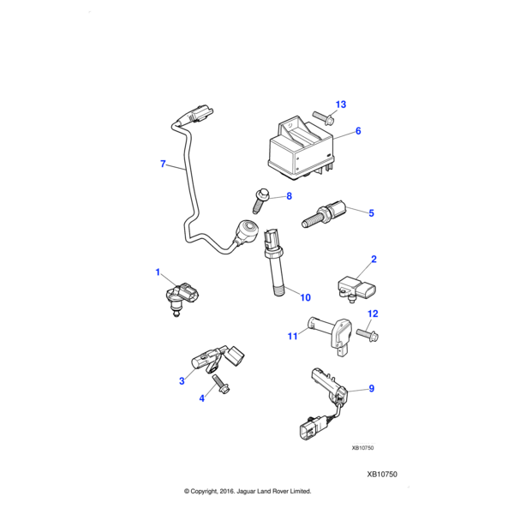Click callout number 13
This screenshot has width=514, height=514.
[340, 105]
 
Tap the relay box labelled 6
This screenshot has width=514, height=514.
[300, 146]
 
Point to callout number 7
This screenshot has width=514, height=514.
[163, 164]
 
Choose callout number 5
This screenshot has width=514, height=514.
[371, 212]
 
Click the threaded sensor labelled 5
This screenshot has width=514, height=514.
[320, 216]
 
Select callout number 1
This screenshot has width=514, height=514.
[158, 272]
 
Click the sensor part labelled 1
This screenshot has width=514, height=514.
[179, 297]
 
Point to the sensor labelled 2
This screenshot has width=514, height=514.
[355, 286]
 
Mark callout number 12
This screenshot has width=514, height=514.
[373, 314]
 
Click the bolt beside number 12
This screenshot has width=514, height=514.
[367, 332]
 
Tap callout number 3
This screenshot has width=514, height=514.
[182, 380]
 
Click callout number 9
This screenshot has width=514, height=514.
[372, 388]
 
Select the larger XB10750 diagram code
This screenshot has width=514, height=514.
[382, 474]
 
